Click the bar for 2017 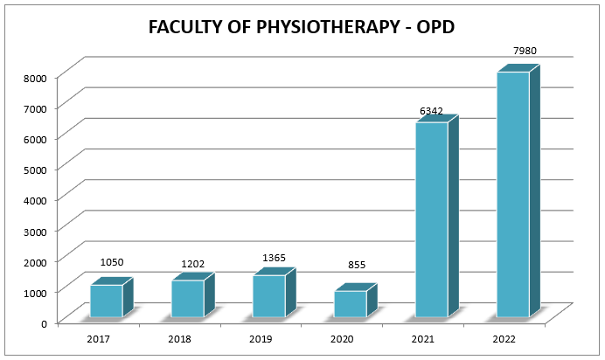[x=107, y=301]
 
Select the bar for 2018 [x=188, y=298]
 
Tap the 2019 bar [x=269, y=295]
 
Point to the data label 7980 [x=526, y=52]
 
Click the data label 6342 [x=432, y=111]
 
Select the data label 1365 [x=275, y=258]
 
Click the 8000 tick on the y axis [x=35, y=77]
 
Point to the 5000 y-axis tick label [x=35, y=169]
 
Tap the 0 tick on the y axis [x=42, y=322]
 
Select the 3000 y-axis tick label [x=35, y=230]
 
